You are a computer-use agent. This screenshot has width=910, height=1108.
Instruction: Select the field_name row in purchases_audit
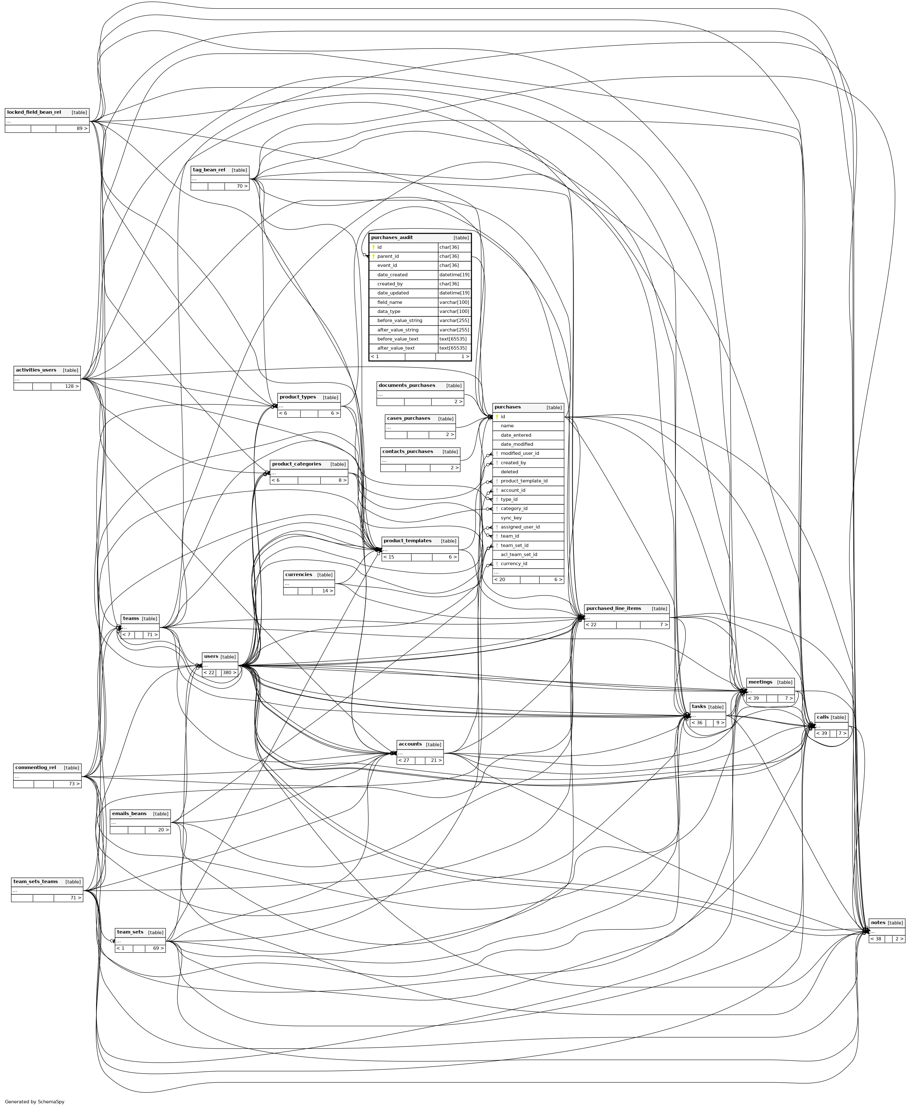[x=389, y=302]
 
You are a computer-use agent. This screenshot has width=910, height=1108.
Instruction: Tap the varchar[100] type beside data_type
[x=454, y=311]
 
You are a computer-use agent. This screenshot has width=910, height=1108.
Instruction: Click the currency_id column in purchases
[x=514, y=564]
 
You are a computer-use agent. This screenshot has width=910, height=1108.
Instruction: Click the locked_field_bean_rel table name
[x=34, y=112]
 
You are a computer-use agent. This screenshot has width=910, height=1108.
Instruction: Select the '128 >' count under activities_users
[x=72, y=386]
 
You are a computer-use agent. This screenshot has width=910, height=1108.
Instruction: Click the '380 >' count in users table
[x=229, y=673]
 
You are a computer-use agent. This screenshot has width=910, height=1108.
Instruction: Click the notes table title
[x=878, y=923]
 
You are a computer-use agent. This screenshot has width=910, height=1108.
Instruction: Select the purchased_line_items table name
[x=613, y=609]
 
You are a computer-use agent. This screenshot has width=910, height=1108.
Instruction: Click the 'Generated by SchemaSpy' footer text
[x=34, y=1101]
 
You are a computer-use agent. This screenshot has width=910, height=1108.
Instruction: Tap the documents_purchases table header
[x=407, y=385]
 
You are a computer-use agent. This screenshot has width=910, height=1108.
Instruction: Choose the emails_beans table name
[x=129, y=814]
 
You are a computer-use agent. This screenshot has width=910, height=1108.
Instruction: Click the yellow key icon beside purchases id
[x=497, y=417]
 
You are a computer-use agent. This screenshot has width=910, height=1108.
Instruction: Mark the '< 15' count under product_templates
[x=389, y=557]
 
